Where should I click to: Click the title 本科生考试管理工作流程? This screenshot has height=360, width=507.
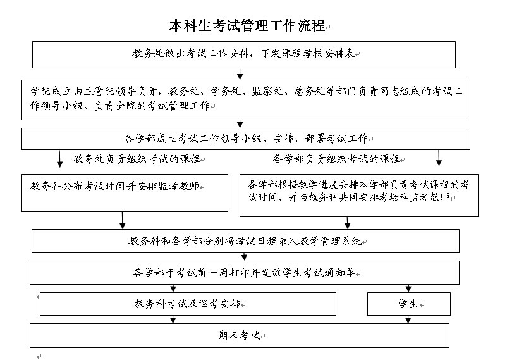[x=247, y=25]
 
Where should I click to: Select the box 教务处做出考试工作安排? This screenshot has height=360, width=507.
[x=244, y=54]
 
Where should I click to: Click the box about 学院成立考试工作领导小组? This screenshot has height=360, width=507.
[x=246, y=100]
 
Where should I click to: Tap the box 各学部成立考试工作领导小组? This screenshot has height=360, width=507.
[x=246, y=139]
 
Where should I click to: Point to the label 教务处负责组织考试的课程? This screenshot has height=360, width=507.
[x=136, y=159]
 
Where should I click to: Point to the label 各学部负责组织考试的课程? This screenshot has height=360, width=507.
[x=336, y=159]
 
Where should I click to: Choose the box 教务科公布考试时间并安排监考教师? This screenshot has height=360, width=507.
[x=125, y=193]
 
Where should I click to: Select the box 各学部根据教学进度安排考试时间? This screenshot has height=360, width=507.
[x=359, y=196]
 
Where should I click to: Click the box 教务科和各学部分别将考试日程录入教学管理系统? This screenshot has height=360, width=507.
[x=245, y=241]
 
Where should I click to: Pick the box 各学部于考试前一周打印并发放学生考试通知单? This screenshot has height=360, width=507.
[x=245, y=273]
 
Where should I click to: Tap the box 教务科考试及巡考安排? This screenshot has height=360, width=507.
[x=188, y=304]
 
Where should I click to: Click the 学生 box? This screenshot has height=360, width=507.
[x=409, y=304]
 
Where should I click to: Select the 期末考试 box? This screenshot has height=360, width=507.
[x=239, y=336]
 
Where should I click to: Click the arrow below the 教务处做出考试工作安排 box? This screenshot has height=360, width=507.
[x=240, y=74]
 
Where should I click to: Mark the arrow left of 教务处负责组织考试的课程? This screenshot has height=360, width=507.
[x=60, y=159]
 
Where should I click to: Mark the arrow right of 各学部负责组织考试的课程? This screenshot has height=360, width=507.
[x=439, y=158]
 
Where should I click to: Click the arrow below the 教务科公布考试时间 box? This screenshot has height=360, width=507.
[x=122, y=220]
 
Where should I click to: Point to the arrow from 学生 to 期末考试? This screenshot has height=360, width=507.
[x=408, y=320]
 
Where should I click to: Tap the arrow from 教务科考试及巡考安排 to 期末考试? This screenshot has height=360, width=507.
[x=173, y=320]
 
